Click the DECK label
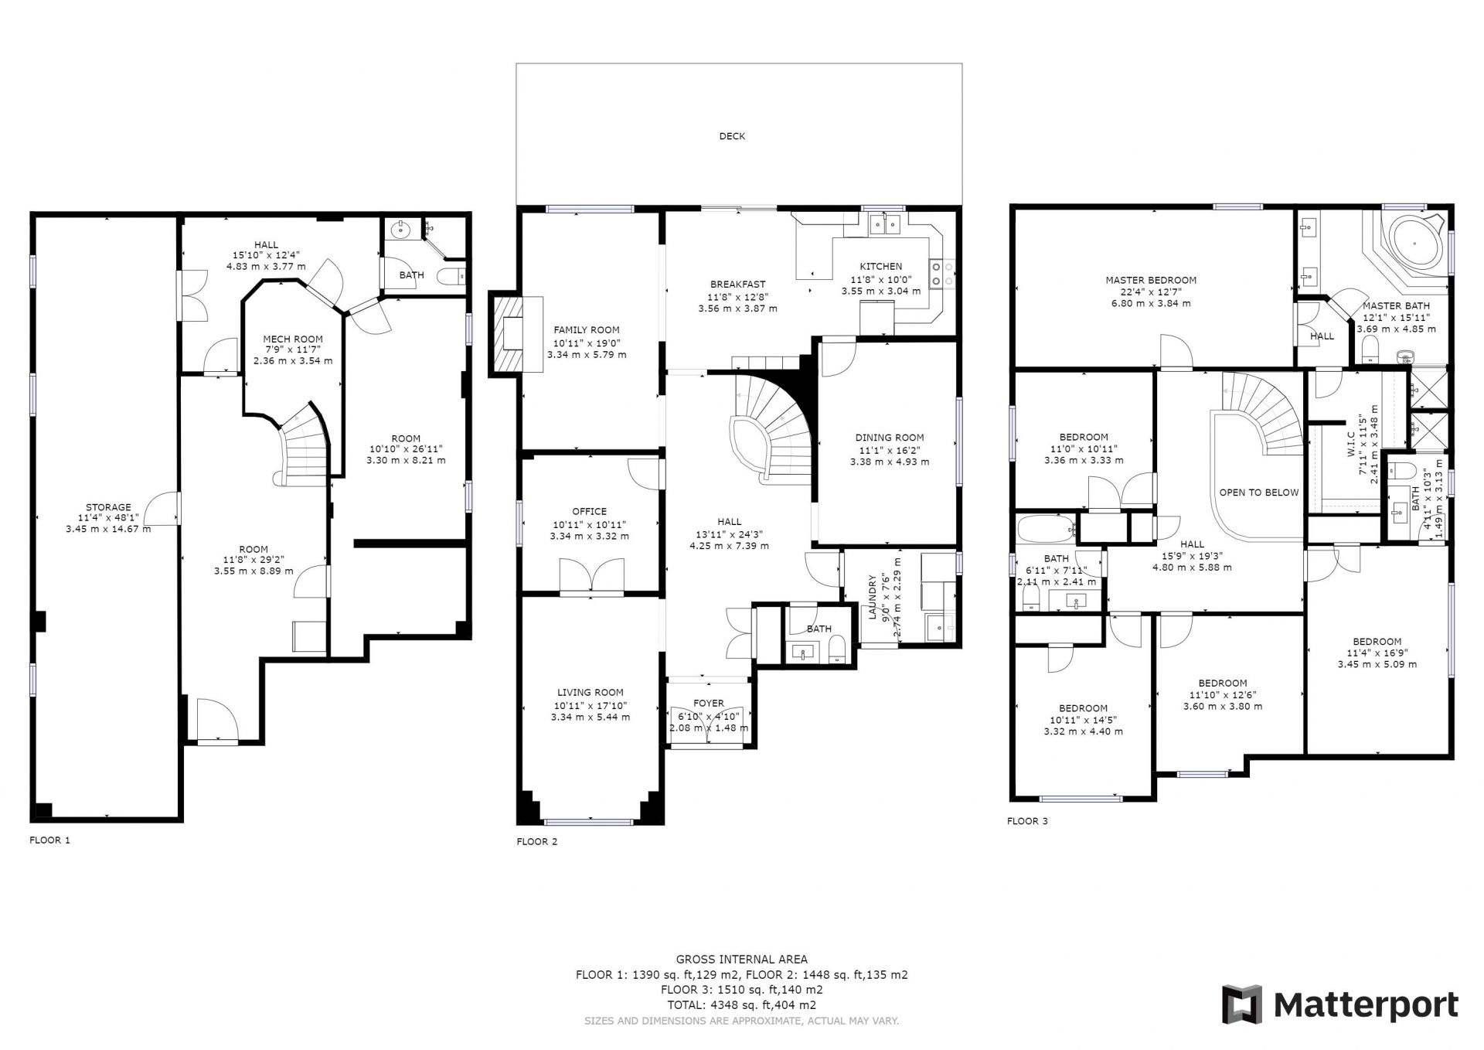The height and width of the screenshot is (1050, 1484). (x=732, y=136)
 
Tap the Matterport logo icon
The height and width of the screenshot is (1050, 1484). (x=1241, y=1004)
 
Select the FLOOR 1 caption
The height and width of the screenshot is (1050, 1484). (x=49, y=840)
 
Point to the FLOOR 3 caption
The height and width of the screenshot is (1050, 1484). (x=1027, y=821)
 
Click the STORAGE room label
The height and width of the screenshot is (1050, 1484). (x=108, y=508)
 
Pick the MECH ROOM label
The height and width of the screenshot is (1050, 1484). (x=293, y=339)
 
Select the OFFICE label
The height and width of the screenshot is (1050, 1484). (x=589, y=511)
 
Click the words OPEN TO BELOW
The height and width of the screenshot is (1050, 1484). (x=1258, y=493)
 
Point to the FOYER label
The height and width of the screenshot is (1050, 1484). (x=709, y=704)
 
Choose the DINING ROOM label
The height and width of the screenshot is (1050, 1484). (x=889, y=438)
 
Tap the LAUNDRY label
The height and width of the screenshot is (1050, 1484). (x=872, y=597)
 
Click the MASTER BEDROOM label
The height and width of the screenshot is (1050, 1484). (x=1150, y=281)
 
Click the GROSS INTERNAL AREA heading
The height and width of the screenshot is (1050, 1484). (x=741, y=960)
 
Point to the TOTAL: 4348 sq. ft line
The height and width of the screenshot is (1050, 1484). (x=741, y=1005)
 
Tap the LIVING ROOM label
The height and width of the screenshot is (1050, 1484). (x=590, y=693)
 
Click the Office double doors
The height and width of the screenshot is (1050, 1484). (x=591, y=577)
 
